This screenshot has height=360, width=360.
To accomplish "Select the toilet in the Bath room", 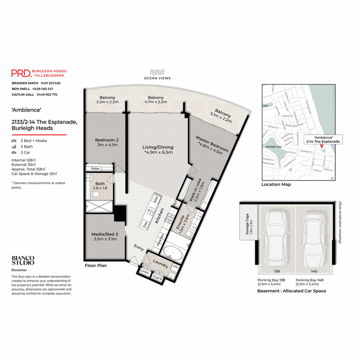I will (x=94, y=195).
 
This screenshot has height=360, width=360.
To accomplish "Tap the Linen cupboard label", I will (x=144, y=272).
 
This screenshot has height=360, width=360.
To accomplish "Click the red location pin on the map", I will (x=321, y=147).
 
